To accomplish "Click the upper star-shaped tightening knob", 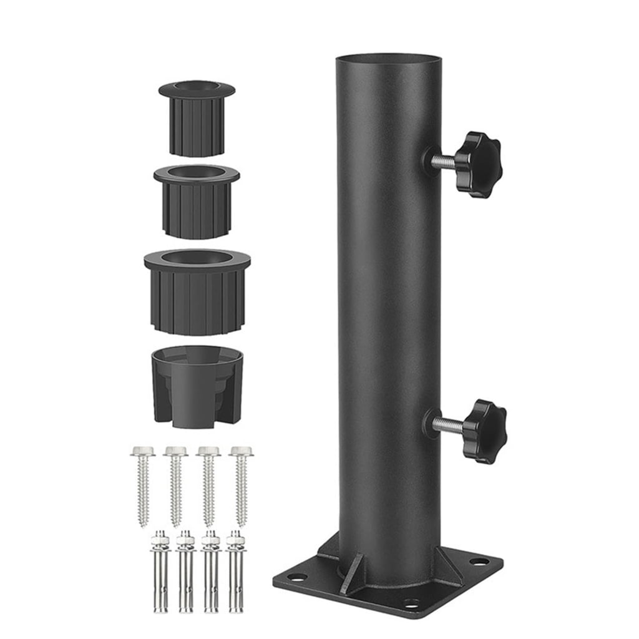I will (478, 164).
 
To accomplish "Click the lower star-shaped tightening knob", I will (484, 431).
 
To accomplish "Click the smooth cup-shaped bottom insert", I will (197, 387).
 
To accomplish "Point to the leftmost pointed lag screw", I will (143, 483).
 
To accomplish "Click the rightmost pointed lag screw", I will (241, 484).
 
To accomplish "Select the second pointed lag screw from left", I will (176, 484).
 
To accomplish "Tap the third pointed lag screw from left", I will (208, 484).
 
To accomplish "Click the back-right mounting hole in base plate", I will (479, 562).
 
